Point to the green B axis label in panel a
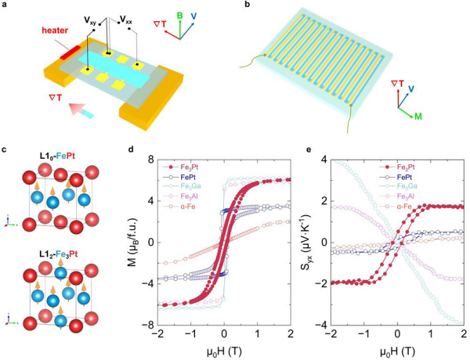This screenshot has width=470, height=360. pyautogui.click(x=184, y=13)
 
